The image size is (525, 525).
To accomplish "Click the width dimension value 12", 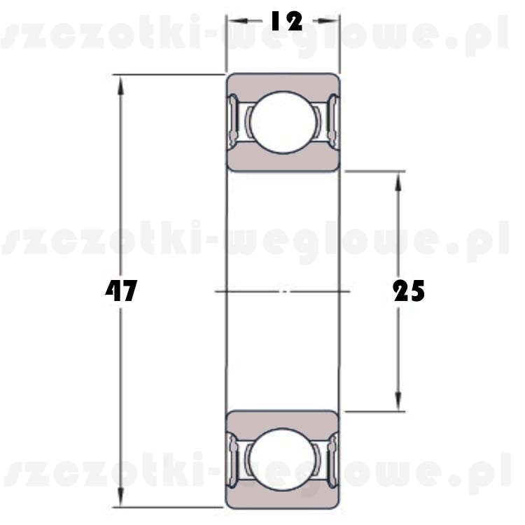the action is [x=286, y=21].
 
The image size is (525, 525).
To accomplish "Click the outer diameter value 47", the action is [x=121, y=290].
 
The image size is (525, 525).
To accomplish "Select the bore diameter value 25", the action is [x=409, y=290].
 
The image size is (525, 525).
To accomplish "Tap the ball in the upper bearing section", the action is [x=283, y=122].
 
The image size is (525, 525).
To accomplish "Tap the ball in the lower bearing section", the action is [x=283, y=459].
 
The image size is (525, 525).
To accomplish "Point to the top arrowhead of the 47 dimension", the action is [x=121, y=84].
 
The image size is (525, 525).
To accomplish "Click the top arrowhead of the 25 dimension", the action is [x=398, y=181].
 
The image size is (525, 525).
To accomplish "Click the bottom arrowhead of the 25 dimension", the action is [x=398, y=402].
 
